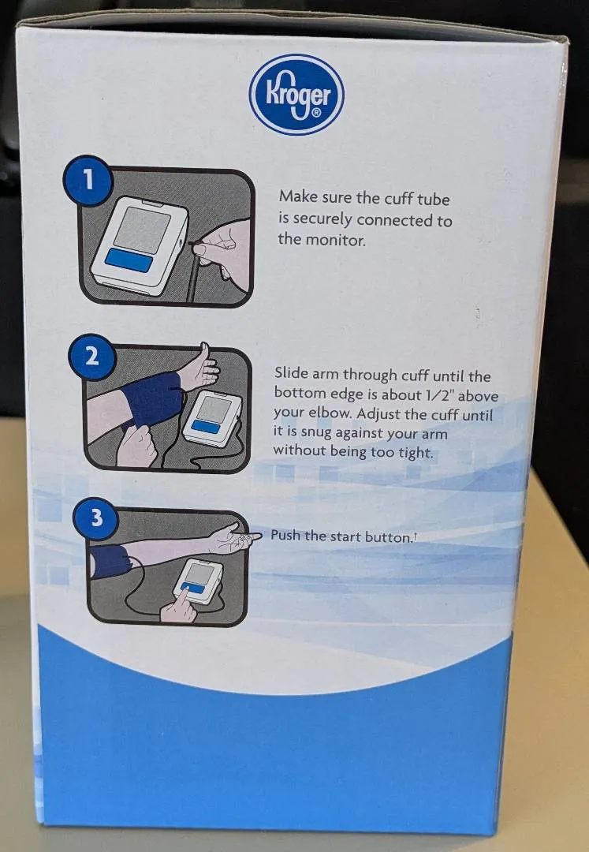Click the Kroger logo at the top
(296, 95)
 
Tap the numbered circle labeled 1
(88, 181)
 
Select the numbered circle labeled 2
(91, 357)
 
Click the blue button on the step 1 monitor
(129, 260)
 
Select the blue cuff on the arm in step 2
(154, 398)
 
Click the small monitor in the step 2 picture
(213, 418)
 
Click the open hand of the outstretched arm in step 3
(233, 538)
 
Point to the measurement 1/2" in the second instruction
(426, 395)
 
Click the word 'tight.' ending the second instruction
(416, 453)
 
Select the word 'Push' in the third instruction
(285, 535)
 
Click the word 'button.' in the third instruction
(389, 537)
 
